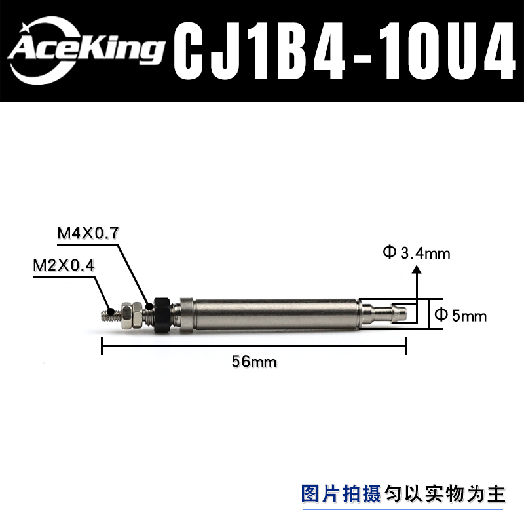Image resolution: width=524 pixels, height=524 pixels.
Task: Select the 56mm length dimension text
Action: pyautogui.click(x=254, y=361)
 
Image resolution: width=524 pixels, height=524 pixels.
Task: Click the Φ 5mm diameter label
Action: pyautogui.click(x=461, y=316)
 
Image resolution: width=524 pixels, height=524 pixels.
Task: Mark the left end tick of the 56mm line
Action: pyautogui.click(x=102, y=345)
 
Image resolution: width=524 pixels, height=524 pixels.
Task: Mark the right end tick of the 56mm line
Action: pyautogui.click(x=406, y=345)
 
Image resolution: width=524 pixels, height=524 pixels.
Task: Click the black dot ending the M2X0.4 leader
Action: pyautogui.click(x=112, y=311)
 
